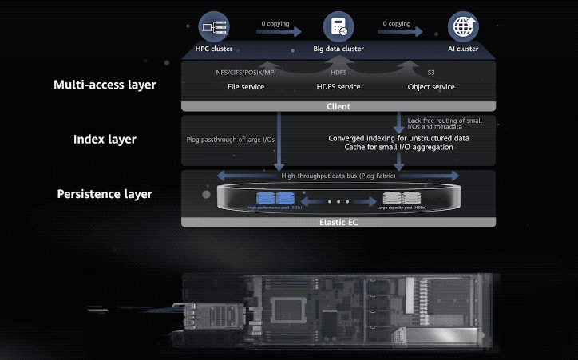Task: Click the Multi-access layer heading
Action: point(105,85)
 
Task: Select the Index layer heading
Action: point(105,140)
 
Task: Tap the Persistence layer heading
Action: point(105,194)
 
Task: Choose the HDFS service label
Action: point(338,86)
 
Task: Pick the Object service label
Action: point(431,86)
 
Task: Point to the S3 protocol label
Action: point(431,73)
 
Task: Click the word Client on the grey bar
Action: point(338,106)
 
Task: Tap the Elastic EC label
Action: point(338,221)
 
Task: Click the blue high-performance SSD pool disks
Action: point(274,197)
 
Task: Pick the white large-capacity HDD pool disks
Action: point(402,197)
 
